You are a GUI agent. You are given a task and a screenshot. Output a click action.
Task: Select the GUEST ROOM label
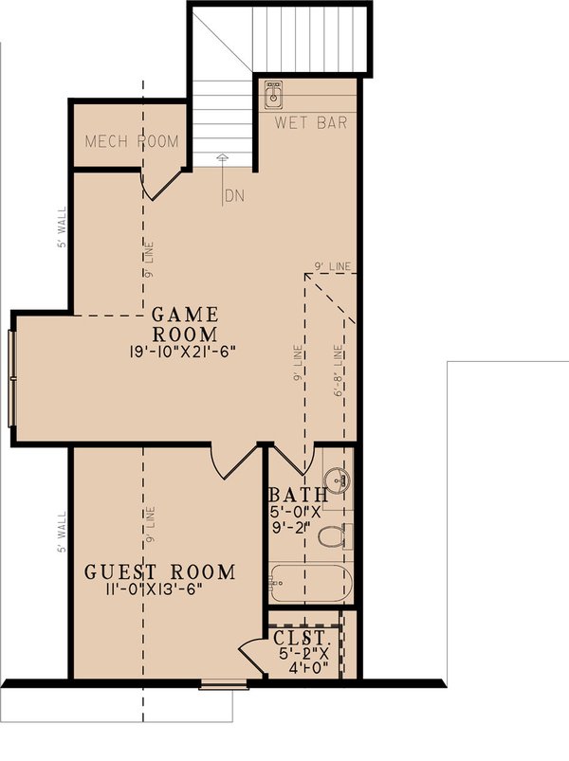click(159, 571)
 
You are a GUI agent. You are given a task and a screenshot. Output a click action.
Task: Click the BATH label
click(298, 495)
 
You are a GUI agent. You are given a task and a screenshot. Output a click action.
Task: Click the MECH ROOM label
click(132, 141)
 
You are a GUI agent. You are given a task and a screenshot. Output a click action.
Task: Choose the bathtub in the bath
click(310, 584)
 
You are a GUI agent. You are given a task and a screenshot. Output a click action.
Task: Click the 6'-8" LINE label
click(339, 375)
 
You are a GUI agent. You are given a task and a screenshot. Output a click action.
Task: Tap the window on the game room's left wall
click(11, 376)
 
